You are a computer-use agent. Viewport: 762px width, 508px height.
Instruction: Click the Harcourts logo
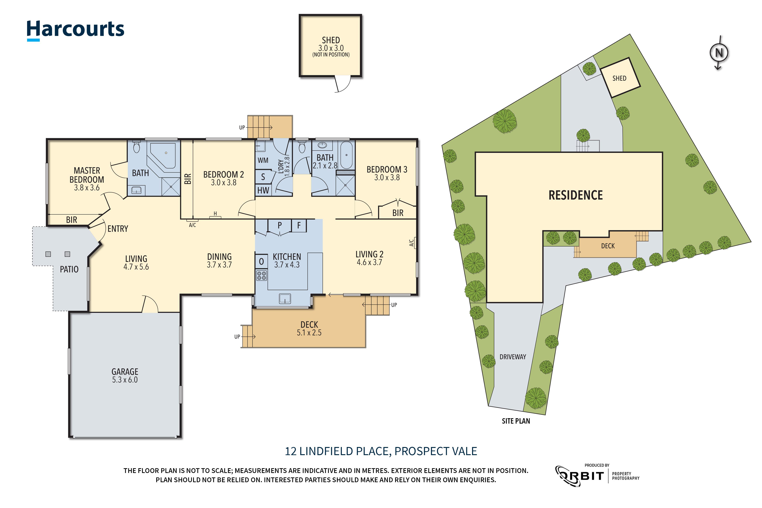point(75,30)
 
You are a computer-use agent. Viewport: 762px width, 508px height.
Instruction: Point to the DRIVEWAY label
point(512,357)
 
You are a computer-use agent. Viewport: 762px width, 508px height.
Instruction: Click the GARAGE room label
point(125,372)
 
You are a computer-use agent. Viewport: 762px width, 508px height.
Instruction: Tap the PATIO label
point(69,269)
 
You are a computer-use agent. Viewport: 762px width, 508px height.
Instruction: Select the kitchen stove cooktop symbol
point(262,276)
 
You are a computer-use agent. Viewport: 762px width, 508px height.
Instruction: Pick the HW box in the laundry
point(263,190)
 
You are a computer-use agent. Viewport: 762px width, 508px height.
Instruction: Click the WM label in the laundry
point(263,160)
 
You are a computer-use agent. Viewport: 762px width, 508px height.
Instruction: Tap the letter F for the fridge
point(299,225)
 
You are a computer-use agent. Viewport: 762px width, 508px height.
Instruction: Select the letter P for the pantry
point(279,225)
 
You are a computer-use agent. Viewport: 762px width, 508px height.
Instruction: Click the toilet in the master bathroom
point(136,147)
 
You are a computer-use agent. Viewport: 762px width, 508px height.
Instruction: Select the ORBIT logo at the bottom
point(580,476)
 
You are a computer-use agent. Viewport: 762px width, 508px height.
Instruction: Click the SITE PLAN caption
point(516,421)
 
